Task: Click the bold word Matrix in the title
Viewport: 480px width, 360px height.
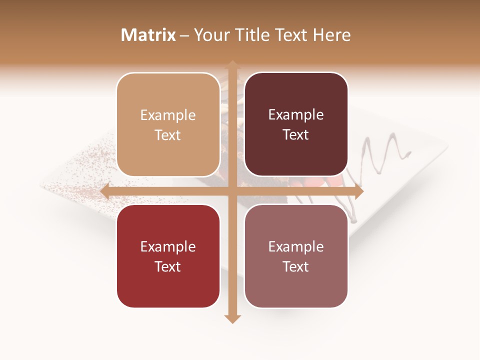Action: tap(148, 35)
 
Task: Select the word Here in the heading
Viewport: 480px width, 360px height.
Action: tap(332, 35)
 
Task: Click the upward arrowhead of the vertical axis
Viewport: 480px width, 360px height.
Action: tap(231, 64)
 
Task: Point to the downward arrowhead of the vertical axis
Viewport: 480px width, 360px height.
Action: tap(231, 319)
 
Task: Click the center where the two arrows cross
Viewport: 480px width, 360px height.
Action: tap(231, 191)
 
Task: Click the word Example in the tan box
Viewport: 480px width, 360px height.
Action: tap(168, 115)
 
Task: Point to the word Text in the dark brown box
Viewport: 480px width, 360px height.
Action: tap(296, 135)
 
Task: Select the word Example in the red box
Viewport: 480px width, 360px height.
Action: tap(168, 247)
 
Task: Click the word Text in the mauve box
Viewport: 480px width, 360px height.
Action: tap(296, 267)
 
